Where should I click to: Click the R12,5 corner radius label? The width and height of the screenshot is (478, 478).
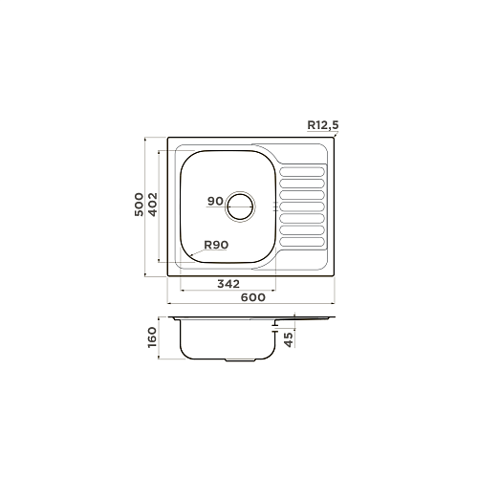[x=323, y=125]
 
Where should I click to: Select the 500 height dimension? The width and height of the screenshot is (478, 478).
[x=139, y=205]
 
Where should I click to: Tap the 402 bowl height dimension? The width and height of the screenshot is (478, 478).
[x=153, y=205]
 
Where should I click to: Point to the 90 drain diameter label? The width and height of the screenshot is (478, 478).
[x=215, y=201]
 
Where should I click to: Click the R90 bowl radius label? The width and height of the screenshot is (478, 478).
[x=216, y=245]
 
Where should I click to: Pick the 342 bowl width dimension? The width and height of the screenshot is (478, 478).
[x=228, y=283]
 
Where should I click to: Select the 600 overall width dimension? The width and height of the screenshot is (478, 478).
[x=253, y=297]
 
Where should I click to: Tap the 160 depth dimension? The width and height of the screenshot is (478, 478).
[x=153, y=337]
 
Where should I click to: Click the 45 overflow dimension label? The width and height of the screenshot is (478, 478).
[x=288, y=339]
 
